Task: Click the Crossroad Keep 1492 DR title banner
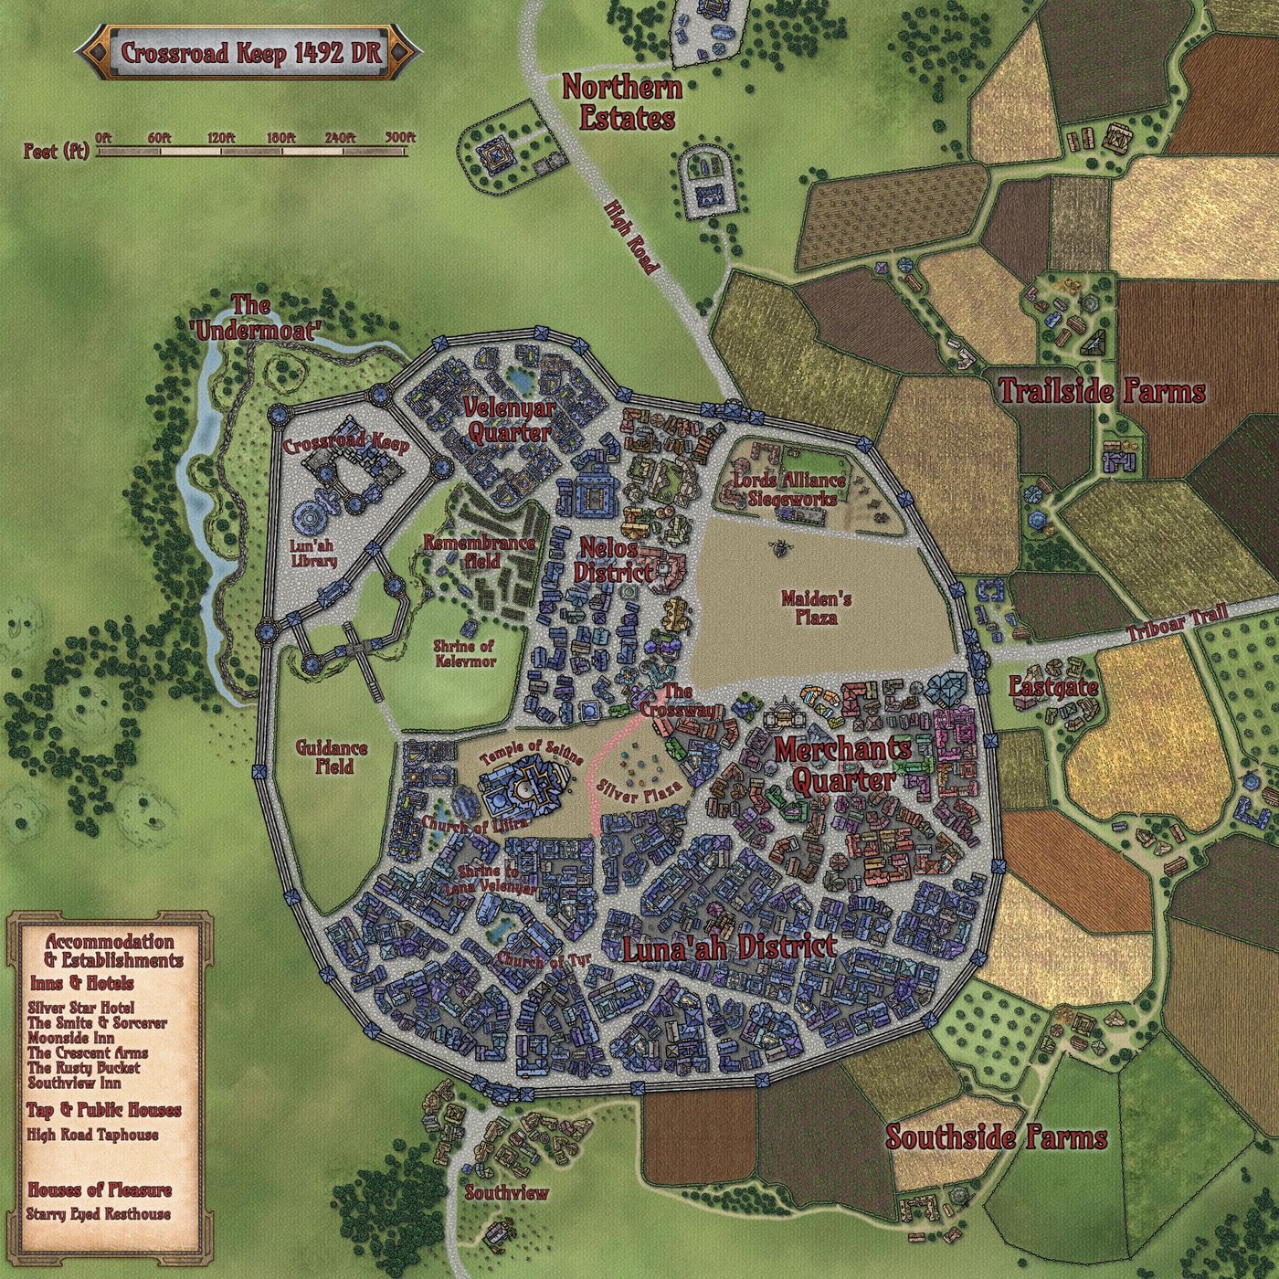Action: point(249,53)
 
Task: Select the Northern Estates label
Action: point(621,103)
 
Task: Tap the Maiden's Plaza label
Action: point(816,608)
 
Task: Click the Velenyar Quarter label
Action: point(507,419)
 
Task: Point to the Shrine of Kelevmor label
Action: point(464,652)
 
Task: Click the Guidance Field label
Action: point(332,757)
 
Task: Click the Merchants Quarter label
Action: point(842,764)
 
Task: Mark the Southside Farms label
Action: point(996,1138)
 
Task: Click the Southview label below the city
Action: point(506,1193)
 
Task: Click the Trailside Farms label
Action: point(1102,393)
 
